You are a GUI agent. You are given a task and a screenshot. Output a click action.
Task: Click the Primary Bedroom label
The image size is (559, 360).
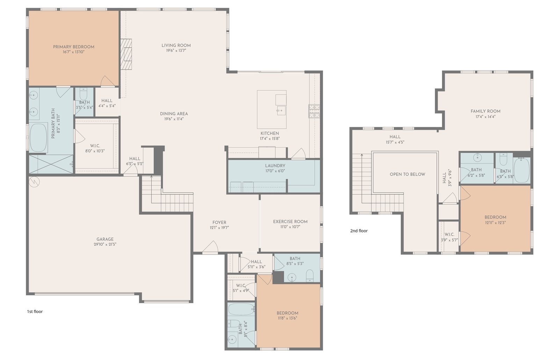click(x=74, y=47)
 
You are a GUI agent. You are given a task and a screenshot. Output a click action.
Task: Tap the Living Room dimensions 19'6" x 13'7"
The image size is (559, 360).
click(x=176, y=51)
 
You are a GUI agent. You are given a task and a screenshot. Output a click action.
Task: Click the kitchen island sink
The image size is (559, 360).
click(x=281, y=110)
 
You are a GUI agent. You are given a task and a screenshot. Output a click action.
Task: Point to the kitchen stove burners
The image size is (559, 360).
click(x=314, y=111)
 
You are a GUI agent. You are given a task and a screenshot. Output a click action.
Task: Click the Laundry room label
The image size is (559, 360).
click(x=275, y=166)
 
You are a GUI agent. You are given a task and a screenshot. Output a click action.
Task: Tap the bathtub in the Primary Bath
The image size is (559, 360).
click(x=38, y=138)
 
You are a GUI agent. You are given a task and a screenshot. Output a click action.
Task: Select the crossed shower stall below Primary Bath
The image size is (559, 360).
click(x=51, y=164)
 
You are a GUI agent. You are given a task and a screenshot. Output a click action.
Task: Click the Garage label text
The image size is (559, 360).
click(x=105, y=239)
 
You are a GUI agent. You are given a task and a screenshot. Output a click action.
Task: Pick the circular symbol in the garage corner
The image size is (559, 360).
click(x=34, y=182)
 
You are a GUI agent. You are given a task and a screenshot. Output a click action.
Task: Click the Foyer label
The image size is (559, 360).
click(x=219, y=222)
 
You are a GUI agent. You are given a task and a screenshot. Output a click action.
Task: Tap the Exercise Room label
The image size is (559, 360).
click(x=290, y=222)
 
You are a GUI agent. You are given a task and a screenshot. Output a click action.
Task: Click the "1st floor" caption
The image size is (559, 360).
click(x=35, y=311)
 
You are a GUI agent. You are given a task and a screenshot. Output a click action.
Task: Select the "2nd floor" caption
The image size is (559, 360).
click(x=359, y=231)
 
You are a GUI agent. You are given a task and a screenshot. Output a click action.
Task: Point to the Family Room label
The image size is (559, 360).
click(x=485, y=111)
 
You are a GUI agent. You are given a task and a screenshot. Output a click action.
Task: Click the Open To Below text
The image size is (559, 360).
click(x=407, y=174)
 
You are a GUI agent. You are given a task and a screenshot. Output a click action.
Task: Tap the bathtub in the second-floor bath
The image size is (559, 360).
click(x=522, y=170)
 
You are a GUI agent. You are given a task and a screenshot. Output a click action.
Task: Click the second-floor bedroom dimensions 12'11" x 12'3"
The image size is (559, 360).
click(x=495, y=223)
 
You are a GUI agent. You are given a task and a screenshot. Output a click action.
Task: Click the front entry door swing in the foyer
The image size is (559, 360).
click(x=210, y=247)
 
